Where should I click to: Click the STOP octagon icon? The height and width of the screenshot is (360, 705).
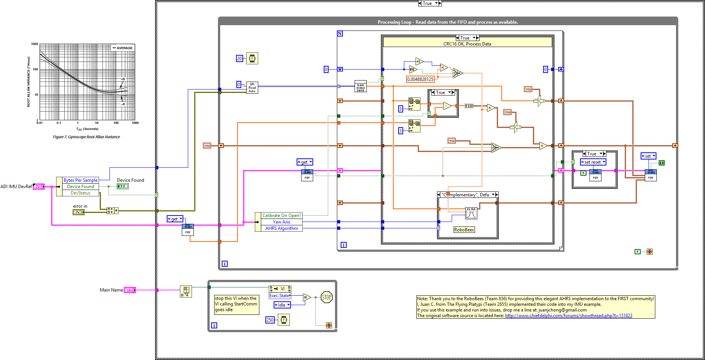(326, 297)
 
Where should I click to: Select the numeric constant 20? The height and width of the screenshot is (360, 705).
(239, 58)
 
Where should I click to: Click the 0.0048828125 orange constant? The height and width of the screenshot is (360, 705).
(420, 79)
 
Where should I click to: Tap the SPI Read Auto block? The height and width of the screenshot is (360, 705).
(252, 88)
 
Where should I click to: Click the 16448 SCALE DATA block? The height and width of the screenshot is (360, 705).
(360, 87)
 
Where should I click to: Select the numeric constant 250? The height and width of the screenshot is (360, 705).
(270, 320)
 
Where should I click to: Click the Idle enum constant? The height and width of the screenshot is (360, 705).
(282, 305)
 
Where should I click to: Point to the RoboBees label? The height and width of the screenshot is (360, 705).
(464, 230)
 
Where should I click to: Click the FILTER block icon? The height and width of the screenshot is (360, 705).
(471, 213)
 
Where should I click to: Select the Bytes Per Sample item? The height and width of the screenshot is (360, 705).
(80, 180)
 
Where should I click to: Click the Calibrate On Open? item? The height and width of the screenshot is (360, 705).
(281, 216)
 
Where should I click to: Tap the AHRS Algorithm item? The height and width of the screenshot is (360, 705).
(281, 228)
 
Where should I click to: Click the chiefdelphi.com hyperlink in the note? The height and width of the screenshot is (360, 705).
(568, 316)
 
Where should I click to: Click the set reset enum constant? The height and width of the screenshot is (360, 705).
(593, 162)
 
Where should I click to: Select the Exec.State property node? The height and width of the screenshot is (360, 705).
(280, 296)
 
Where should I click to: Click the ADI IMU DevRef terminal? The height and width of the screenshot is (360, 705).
(39, 187)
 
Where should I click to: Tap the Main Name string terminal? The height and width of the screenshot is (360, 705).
(129, 290)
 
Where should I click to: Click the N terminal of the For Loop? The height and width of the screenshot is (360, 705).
(340, 33)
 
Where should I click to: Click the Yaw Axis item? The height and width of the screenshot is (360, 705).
(281, 222)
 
